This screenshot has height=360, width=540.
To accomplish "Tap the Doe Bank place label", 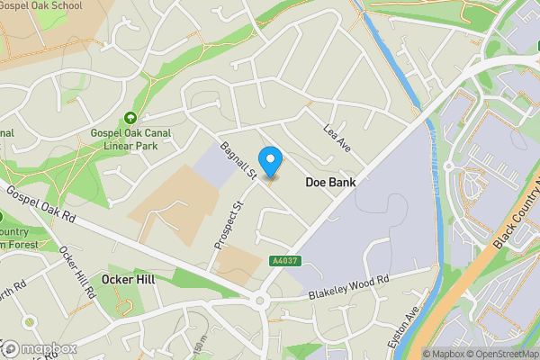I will [330, 182].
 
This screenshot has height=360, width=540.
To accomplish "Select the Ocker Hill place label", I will [129, 280].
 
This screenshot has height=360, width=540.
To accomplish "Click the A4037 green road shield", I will [283, 261].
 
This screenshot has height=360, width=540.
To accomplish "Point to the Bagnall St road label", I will [238, 160].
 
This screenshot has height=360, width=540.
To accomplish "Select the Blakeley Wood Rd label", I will [347, 287].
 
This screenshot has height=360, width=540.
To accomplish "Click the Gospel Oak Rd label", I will [44, 209].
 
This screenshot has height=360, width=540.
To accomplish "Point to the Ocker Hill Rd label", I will [77, 273].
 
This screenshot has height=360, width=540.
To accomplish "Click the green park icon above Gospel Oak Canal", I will [130, 118].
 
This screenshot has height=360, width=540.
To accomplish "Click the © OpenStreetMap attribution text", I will [505, 354].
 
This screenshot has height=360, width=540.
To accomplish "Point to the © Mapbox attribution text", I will [444, 354].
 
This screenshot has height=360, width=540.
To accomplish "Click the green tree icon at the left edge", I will [3, 217].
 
